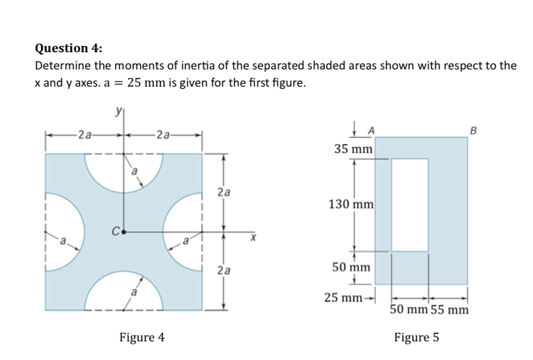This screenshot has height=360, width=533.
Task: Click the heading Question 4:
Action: (x=69, y=48)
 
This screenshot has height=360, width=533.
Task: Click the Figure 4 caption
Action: (x=142, y=336)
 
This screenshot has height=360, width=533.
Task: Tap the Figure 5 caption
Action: (x=416, y=336)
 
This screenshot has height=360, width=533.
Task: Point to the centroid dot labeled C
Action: (x=124, y=232)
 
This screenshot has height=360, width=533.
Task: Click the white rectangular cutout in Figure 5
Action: (x=410, y=205)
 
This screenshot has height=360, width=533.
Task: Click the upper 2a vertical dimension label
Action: (x=224, y=192)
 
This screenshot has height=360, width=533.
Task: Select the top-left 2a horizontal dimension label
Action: (x=85, y=134)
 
